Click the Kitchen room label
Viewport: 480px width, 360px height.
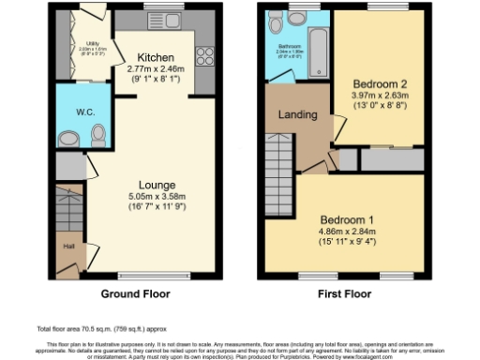click(152, 55)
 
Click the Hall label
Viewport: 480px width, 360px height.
click(67, 247)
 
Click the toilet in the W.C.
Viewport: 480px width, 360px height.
click(97, 138)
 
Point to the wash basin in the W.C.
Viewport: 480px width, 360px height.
click(68, 140)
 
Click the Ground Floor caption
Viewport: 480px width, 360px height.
click(136, 293)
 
